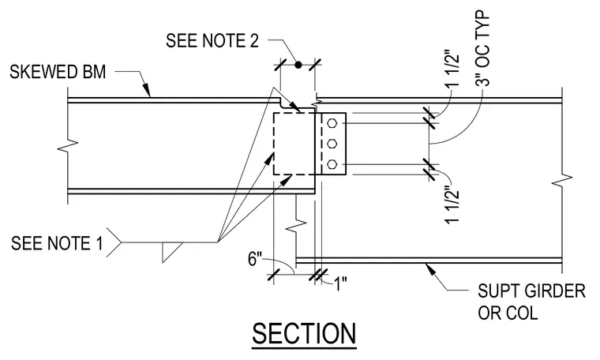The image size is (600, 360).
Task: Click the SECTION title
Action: tap(304, 334)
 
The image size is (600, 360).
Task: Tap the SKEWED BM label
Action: tap(58, 72)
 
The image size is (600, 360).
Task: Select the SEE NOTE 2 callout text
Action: tap(212, 40)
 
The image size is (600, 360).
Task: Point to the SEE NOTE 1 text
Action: tap(57, 243)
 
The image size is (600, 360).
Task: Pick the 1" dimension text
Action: tap(340, 284)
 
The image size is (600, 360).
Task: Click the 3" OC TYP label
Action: tap(483, 49)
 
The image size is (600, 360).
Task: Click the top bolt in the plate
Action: tap(332, 123)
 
